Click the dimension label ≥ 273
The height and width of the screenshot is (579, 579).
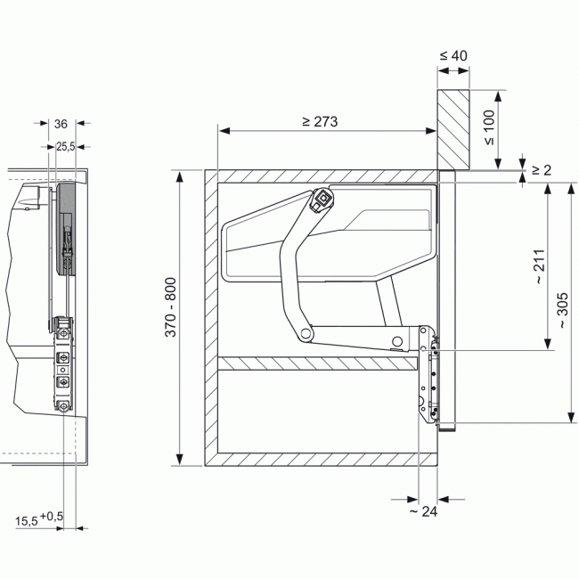point(320,121)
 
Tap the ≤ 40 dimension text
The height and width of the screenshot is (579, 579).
point(453,56)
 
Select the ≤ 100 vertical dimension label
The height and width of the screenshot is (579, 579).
point(489,127)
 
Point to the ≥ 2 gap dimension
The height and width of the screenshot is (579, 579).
point(542,170)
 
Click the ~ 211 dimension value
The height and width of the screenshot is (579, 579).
point(540,266)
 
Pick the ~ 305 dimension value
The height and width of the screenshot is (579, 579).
point(563,311)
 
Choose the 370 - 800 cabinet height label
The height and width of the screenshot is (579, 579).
point(171,307)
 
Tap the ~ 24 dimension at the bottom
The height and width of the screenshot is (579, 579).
point(423,511)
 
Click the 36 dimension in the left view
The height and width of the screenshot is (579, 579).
point(61,124)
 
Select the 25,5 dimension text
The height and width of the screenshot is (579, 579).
point(65,147)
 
